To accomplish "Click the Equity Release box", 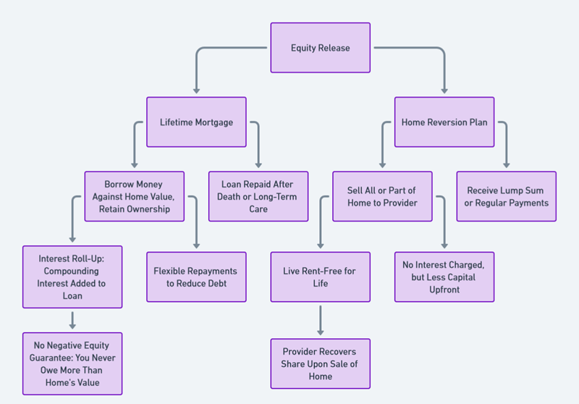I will [x=320, y=48].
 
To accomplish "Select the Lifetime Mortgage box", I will [x=196, y=122].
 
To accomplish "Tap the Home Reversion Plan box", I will [x=444, y=122].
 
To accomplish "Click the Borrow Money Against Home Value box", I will [x=134, y=196].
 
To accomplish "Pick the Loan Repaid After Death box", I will [x=258, y=196].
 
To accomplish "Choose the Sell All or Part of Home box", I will [x=382, y=196].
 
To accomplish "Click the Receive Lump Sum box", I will [x=507, y=196].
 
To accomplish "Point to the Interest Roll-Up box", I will [x=72, y=277].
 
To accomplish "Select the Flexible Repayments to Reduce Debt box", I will [x=196, y=277].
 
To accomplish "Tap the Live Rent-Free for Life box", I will [x=320, y=277].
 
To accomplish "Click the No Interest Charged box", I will [x=444, y=277].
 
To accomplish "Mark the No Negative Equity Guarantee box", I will [x=72, y=363].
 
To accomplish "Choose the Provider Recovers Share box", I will [x=320, y=363].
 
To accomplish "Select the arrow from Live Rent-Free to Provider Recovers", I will [x=320, y=319].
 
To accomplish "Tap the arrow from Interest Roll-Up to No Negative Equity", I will [x=72, y=319].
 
